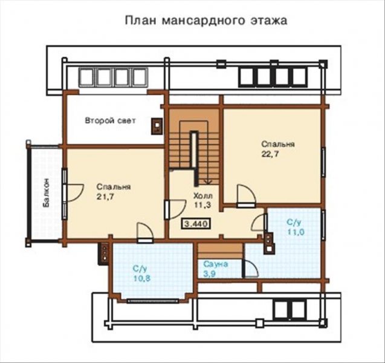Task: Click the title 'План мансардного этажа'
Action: tap(205, 20)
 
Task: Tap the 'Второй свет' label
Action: tap(110, 121)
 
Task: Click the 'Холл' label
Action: tap(201, 196)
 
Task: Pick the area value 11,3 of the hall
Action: tap(201, 206)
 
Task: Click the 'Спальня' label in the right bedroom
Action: tap(278, 145)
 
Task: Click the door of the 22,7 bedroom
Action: tap(245, 197)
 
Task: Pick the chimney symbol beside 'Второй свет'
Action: tap(157, 123)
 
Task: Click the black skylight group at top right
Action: tap(273, 77)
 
